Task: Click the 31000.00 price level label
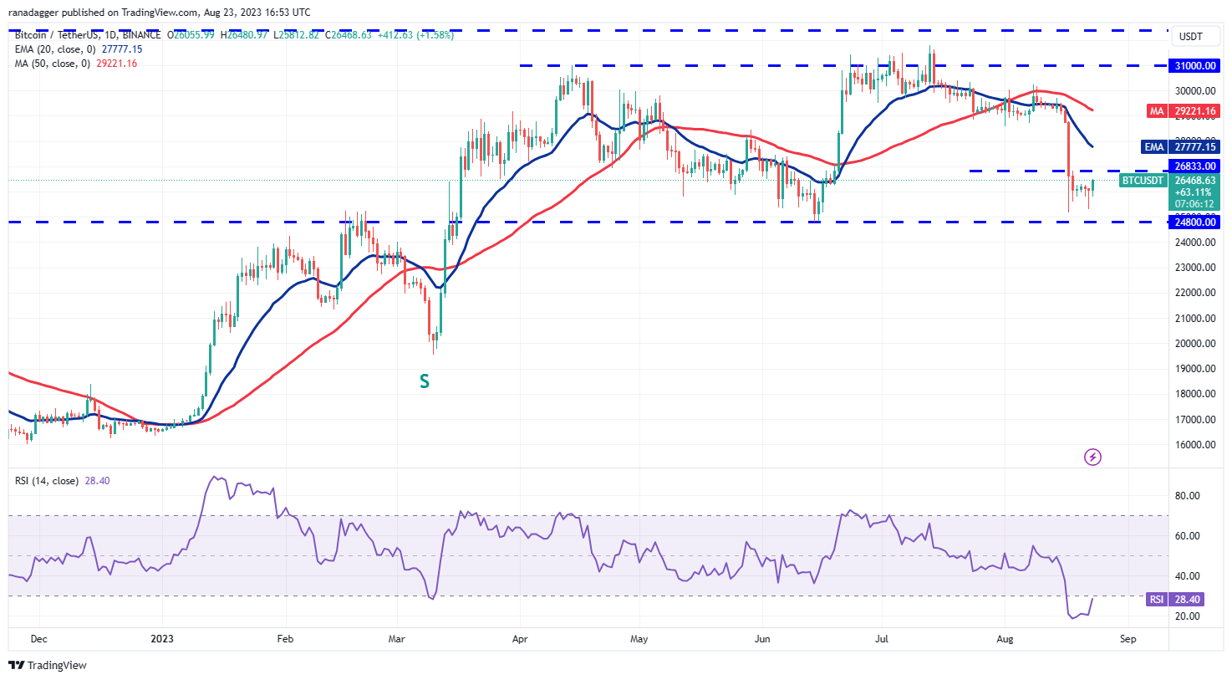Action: tap(1194, 66)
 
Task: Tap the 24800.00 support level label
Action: tap(1194, 222)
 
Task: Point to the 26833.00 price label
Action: tap(1194, 166)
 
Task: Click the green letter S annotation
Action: tap(425, 381)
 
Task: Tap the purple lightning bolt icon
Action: tap(1092, 457)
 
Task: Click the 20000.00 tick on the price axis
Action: tap(1195, 343)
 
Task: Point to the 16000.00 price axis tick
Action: tap(1195, 444)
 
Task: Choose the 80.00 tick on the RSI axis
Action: tap(1188, 495)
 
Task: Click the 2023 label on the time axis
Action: tap(162, 639)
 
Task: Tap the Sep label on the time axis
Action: tap(1128, 639)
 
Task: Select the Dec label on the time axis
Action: tap(38, 639)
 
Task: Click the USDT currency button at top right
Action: tap(1190, 37)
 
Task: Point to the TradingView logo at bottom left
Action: tap(48, 666)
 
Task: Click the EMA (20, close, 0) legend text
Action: tap(55, 49)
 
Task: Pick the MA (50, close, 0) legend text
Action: tap(53, 64)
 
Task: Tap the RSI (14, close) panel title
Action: tap(47, 481)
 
